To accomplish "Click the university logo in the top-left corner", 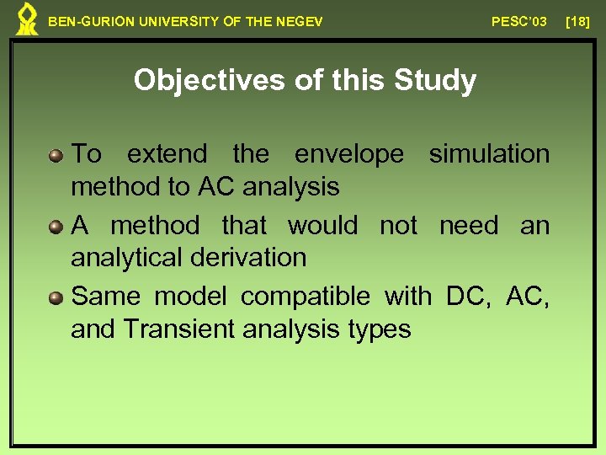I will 27,19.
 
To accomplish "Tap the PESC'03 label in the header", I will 519,21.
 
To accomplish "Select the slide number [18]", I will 578,21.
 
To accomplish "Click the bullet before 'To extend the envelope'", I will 56,155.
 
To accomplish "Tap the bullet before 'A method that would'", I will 56,227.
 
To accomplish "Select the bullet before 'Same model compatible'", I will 56,297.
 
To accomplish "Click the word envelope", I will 349,155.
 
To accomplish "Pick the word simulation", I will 489,154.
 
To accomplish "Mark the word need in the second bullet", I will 468,226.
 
